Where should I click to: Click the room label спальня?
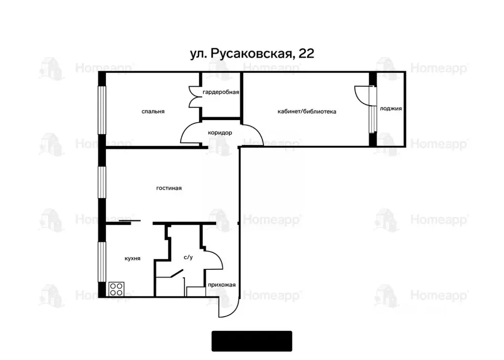(x=153, y=112)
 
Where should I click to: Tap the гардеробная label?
(x=220, y=92)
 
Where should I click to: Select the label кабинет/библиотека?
(x=307, y=112)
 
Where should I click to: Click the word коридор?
(x=220, y=133)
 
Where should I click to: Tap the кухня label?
(x=132, y=258)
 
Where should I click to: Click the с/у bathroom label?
(x=188, y=257)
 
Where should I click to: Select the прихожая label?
(x=222, y=285)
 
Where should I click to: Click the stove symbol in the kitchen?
(x=117, y=289)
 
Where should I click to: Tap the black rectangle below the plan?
(x=252, y=341)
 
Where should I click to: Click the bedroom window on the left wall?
(x=102, y=110)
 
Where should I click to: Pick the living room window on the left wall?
(x=102, y=183)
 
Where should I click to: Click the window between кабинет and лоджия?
(x=373, y=118)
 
